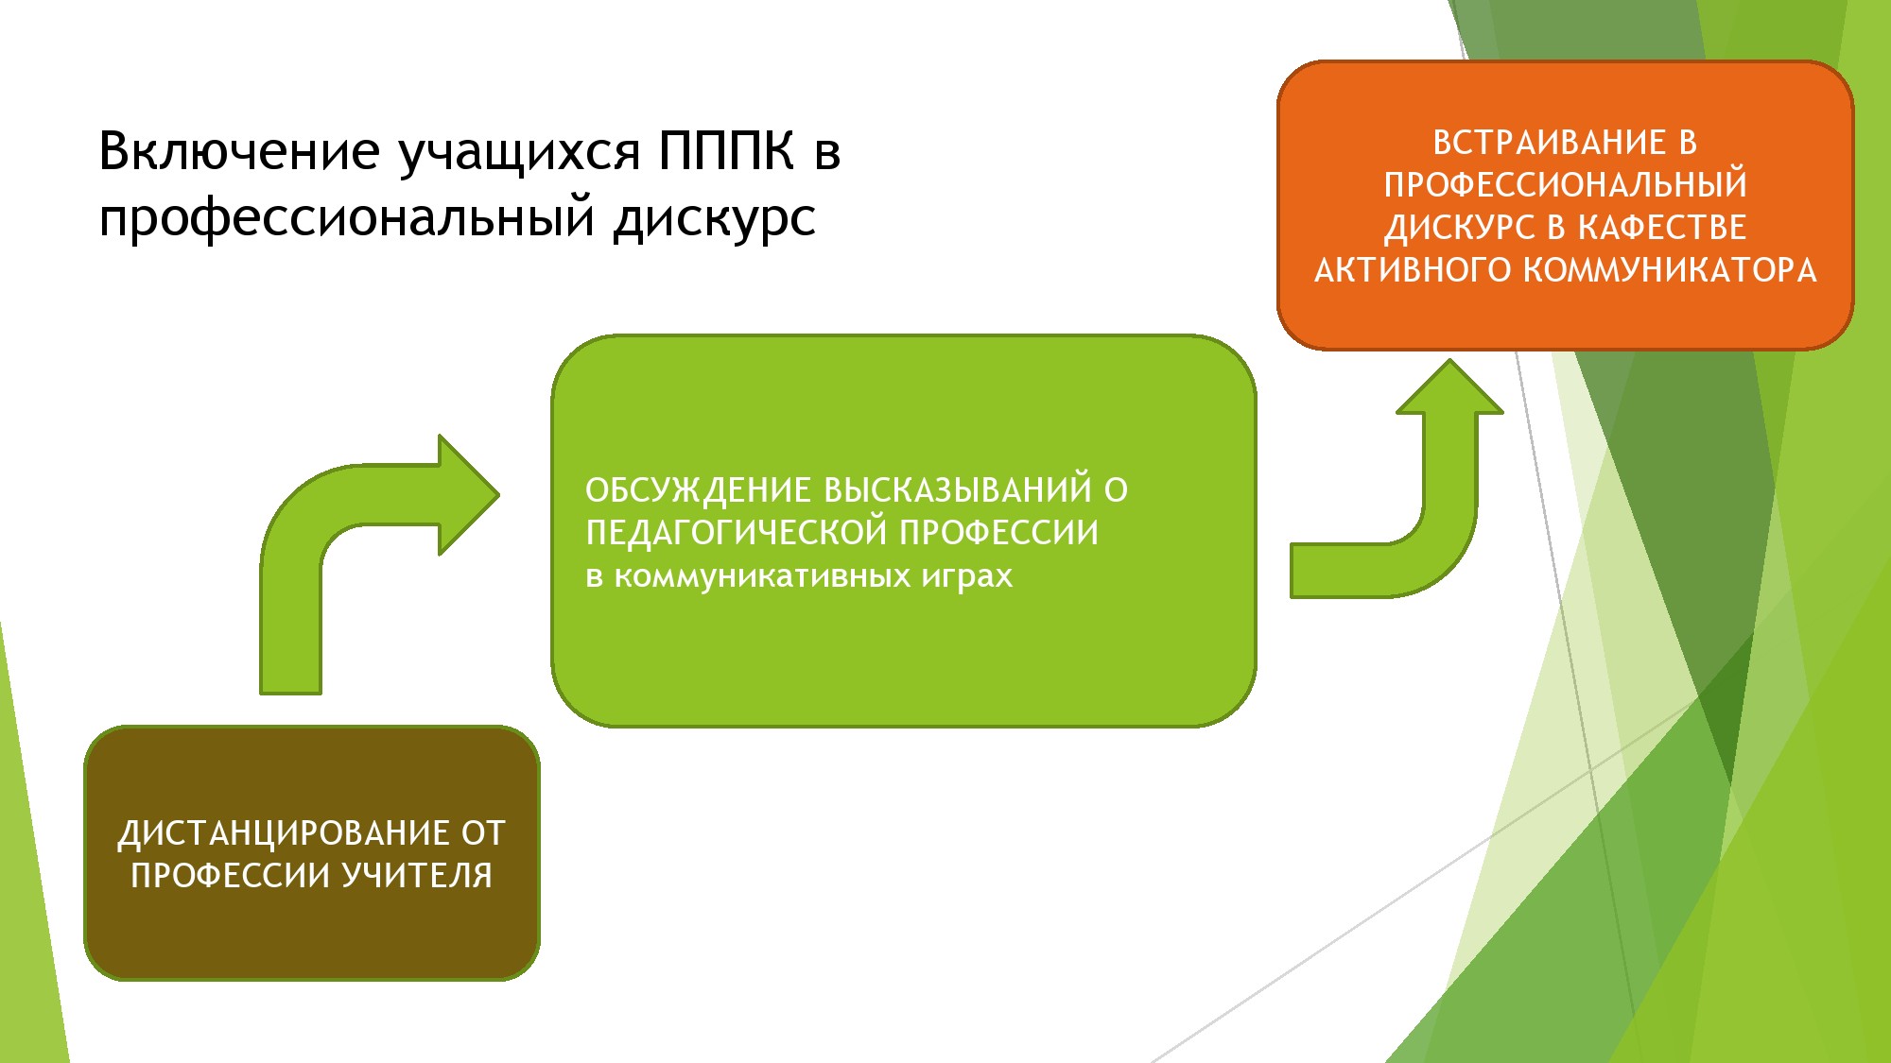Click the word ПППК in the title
[x=726, y=151]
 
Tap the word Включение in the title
[x=239, y=151]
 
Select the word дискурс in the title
[x=714, y=219]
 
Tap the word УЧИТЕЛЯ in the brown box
[x=417, y=876]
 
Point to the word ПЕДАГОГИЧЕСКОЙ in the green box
[x=737, y=534]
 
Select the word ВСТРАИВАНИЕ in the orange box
[x=1549, y=143]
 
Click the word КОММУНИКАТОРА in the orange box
[x=1671, y=270]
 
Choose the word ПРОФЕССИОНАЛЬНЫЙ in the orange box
[x=1565, y=185]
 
